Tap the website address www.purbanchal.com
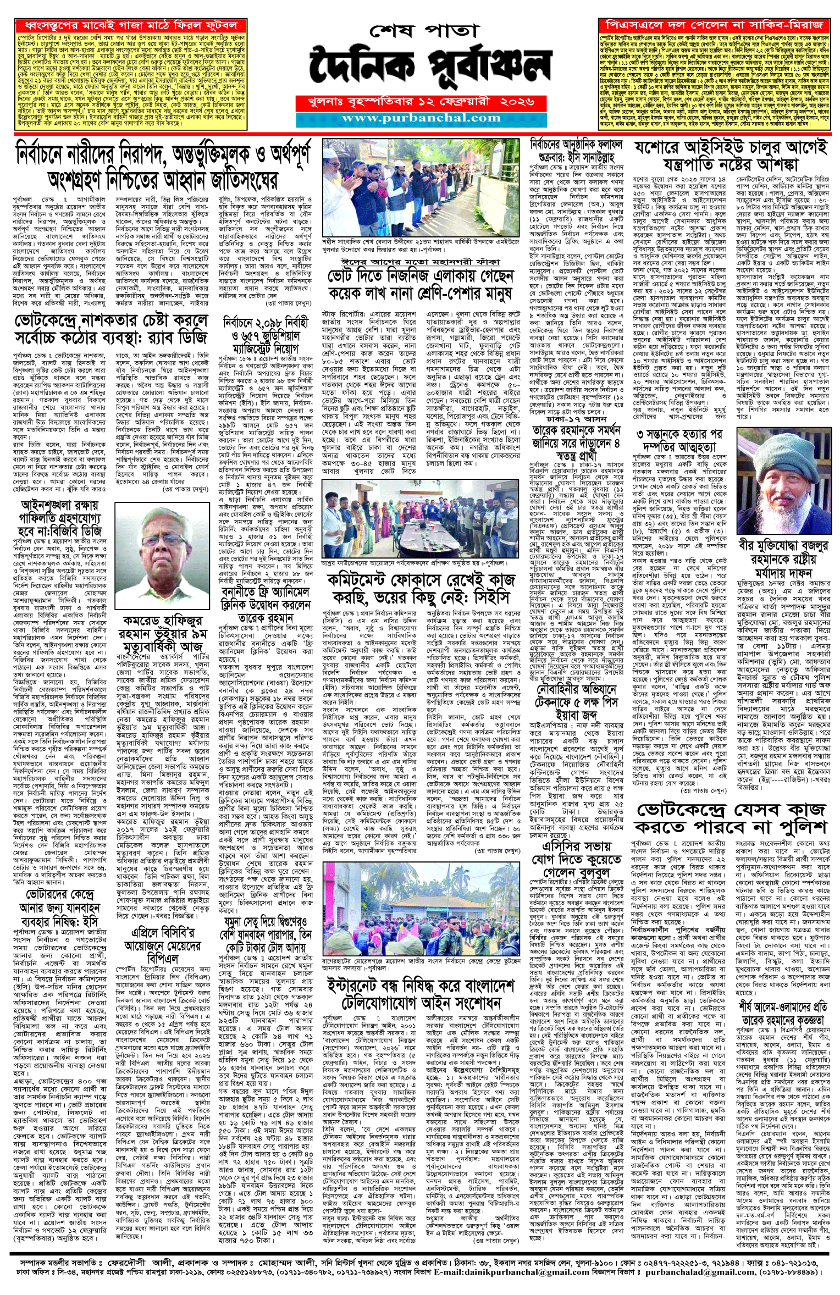pos(421,118)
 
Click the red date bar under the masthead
pos(421,102)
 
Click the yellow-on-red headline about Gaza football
pos(130,26)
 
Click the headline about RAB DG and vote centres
pos(112,328)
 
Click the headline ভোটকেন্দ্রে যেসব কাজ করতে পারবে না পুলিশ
pos(731,818)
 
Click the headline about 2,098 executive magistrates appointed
pos(266,335)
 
